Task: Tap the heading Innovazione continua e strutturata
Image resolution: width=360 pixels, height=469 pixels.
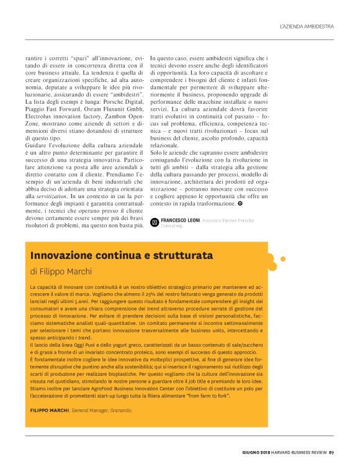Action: (121, 255)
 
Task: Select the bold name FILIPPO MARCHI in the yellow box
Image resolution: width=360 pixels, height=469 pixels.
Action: (49, 410)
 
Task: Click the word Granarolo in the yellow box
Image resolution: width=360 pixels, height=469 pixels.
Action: (119, 410)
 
